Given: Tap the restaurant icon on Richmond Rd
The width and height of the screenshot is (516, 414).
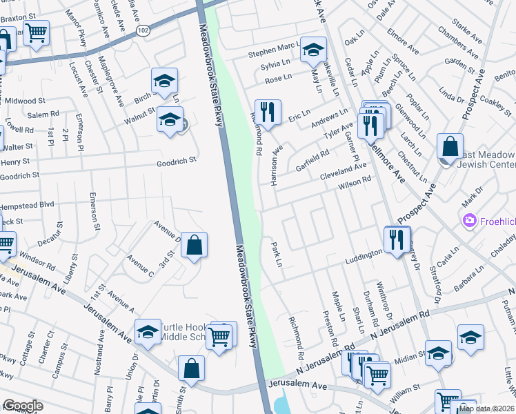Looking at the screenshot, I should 266,112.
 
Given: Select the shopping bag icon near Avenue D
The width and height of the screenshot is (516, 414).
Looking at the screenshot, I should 194,244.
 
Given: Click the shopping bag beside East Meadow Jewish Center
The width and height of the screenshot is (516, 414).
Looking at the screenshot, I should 450,146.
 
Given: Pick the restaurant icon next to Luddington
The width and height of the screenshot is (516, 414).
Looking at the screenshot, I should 396,239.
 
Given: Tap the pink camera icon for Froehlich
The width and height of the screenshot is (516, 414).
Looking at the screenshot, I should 470,220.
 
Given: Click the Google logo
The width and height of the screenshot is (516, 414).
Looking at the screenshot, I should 22,406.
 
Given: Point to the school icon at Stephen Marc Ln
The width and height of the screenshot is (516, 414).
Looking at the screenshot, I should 313,49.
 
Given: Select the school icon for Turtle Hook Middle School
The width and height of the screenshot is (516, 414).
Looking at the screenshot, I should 148,333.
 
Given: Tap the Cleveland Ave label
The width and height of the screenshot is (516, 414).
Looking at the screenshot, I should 343,170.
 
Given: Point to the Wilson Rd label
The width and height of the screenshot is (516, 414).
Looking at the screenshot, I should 355,182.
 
